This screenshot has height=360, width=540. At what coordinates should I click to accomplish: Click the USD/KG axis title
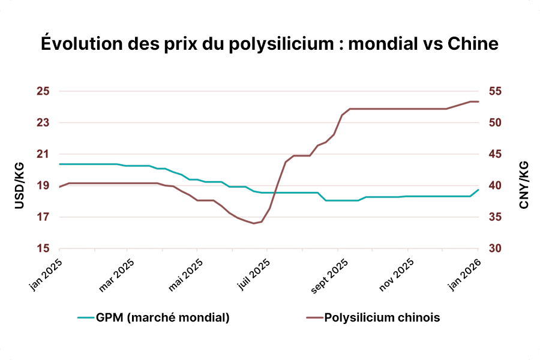pos(19,185)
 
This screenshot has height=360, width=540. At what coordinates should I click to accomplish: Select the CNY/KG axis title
pos(524,185)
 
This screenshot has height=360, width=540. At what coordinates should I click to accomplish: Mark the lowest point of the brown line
pos(253,223)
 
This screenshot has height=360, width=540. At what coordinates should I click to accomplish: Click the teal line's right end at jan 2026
pos(478,190)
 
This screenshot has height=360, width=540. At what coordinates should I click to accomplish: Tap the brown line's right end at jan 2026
pos(478,101)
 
